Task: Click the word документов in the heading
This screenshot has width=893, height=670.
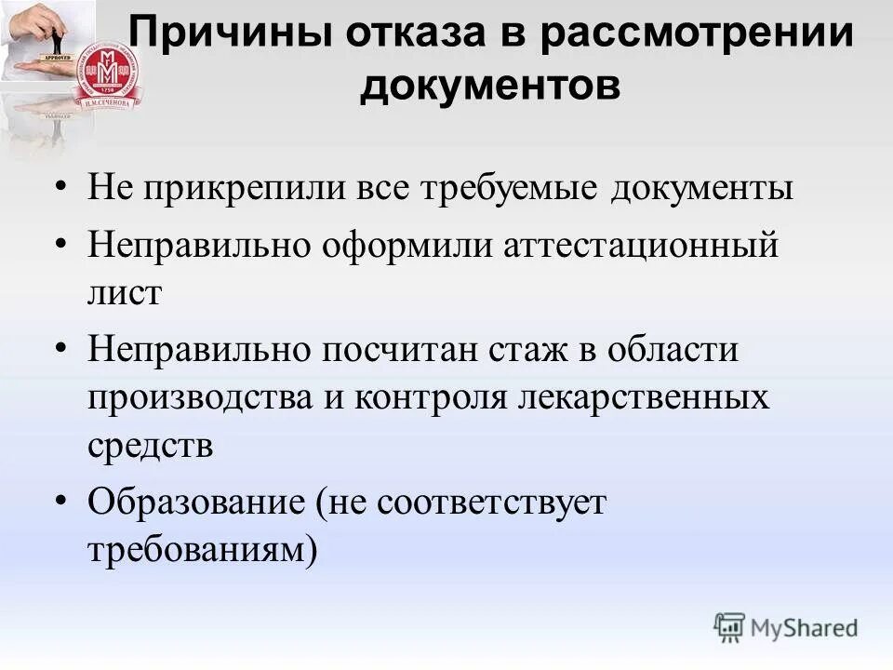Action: (490, 86)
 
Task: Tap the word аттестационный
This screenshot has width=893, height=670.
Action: (640, 247)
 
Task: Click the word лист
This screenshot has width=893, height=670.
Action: (126, 293)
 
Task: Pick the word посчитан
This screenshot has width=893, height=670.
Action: (403, 351)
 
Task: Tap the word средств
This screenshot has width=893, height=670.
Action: (151, 446)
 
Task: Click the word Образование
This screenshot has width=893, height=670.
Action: (195, 503)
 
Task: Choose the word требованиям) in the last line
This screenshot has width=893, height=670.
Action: (203, 551)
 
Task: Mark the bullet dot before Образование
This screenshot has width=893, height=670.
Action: (61, 500)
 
